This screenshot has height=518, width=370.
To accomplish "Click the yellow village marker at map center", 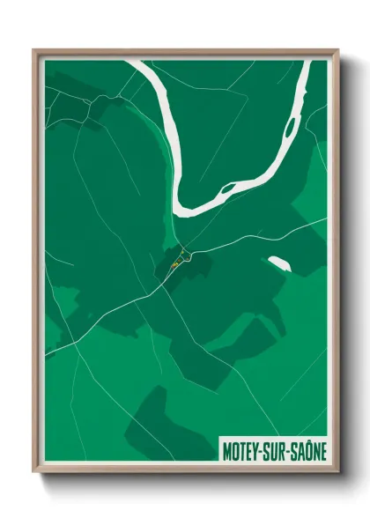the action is (x=175, y=263).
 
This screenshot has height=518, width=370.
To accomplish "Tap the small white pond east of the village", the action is (x=277, y=263).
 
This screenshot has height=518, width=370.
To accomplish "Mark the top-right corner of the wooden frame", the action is (x=337, y=51).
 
